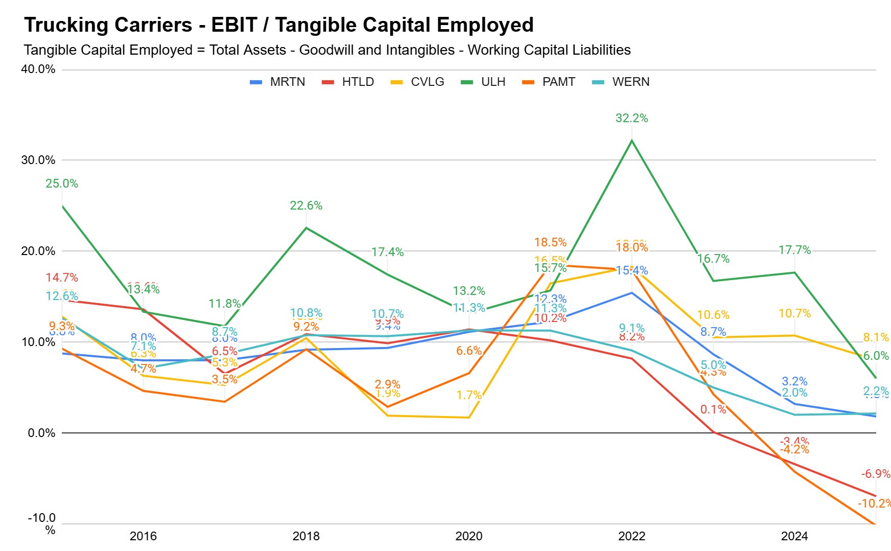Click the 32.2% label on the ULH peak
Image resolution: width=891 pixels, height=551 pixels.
(631, 118)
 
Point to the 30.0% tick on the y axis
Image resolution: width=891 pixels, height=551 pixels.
(38, 160)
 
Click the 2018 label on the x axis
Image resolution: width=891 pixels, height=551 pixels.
(306, 536)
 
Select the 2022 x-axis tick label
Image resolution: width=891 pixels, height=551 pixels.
(631, 536)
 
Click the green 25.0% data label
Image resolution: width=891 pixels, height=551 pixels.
(62, 183)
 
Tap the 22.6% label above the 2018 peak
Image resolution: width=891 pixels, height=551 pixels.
(306, 205)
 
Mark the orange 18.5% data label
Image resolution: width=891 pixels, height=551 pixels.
(550, 242)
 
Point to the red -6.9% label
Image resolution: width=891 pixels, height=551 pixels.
(875, 474)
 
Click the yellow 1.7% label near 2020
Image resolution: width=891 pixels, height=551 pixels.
(469, 395)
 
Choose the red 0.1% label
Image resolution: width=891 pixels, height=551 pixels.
(713, 409)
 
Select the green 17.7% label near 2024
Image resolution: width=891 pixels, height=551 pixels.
(794, 250)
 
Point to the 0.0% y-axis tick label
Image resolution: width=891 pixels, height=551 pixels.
(41, 433)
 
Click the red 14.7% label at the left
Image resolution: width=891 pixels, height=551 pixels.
(62, 278)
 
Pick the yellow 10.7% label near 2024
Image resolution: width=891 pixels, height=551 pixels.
(794, 313)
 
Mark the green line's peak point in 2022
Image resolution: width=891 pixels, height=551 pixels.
(632, 141)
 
